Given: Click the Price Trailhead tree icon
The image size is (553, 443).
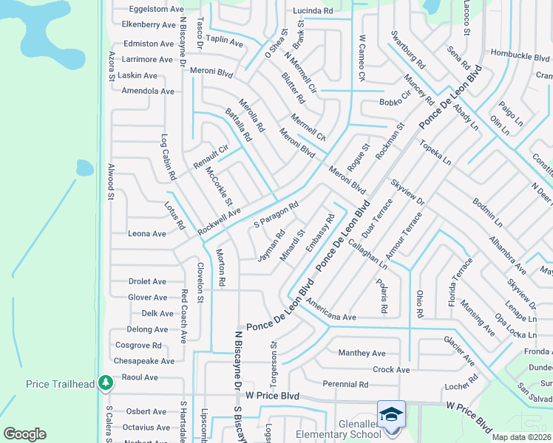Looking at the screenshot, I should [106, 383].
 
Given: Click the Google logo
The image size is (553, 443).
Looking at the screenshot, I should [25, 433].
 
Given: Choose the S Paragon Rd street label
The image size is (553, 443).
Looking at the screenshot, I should [276, 214].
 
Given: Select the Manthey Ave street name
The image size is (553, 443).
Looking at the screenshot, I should [362, 353].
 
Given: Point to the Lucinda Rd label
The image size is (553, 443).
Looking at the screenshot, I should [313, 11].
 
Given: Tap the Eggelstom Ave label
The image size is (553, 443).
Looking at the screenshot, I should [156, 9].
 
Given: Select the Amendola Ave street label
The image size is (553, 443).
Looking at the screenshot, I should [148, 91].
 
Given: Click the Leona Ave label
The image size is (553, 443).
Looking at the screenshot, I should [147, 233].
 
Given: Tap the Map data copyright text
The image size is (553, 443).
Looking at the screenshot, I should [521, 437].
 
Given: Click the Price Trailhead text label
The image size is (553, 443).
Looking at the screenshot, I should [60, 384].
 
